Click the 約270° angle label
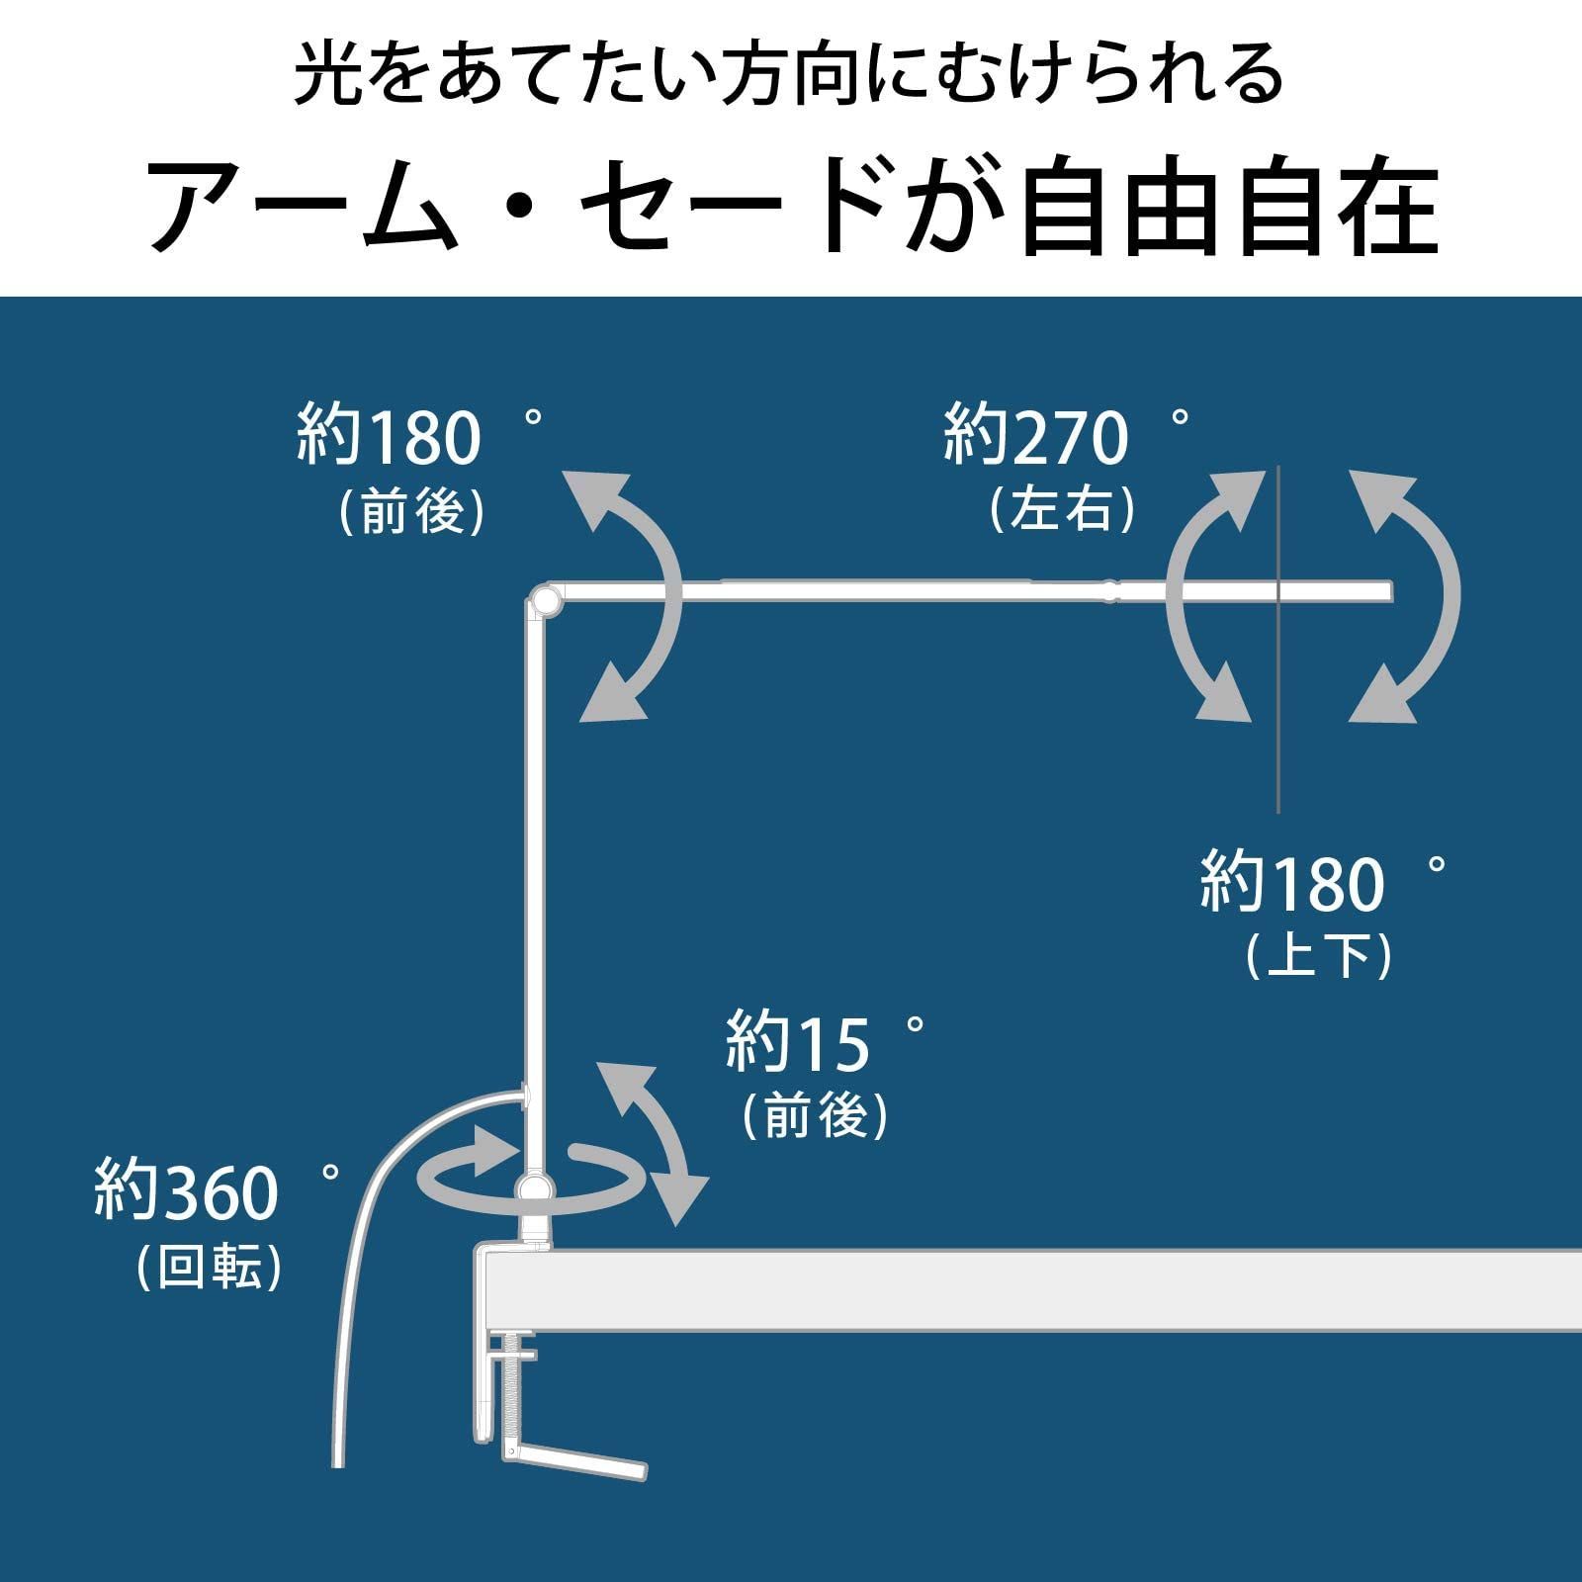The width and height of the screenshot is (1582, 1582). tap(1066, 435)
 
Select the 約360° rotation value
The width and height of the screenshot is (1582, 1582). tap(217, 1190)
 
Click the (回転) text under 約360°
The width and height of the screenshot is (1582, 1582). tap(210, 1265)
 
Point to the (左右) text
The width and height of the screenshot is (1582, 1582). tap(1062, 509)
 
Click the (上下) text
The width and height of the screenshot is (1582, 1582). tap(1318, 954)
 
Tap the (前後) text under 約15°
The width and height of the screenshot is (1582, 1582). tap(815, 1114)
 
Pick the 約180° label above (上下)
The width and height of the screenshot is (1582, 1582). tap(1323, 882)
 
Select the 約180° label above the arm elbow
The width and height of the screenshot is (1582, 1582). tap(420, 435)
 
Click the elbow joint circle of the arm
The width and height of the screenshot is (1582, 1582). tap(544, 600)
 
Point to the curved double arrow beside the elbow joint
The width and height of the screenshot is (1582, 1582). tap(623, 596)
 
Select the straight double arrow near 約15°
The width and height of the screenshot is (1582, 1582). tap(656, 1144)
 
